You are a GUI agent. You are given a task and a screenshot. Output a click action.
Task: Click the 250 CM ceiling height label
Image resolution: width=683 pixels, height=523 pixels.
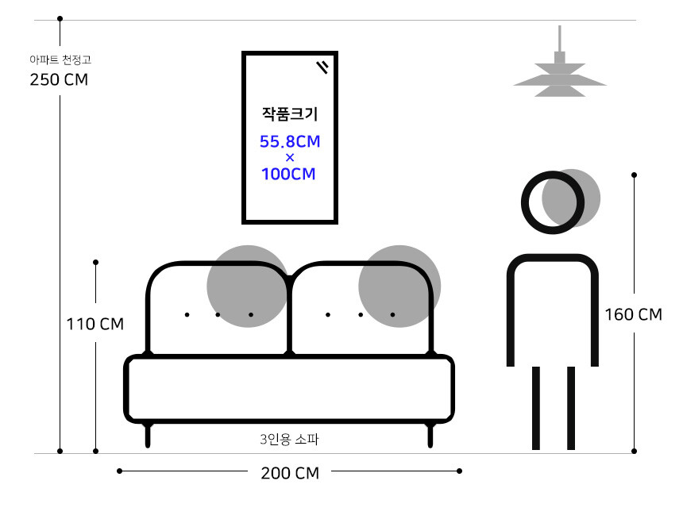(59, 79)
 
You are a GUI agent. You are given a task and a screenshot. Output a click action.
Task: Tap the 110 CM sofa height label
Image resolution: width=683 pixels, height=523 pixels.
(95, 324)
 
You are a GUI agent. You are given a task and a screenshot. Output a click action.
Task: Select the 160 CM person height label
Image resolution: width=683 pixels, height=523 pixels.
(633, 314)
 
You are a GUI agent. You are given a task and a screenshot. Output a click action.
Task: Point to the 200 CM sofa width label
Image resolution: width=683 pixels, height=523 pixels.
(290, 473)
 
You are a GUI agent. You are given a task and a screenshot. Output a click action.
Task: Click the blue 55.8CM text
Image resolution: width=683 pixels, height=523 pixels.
(290, 141)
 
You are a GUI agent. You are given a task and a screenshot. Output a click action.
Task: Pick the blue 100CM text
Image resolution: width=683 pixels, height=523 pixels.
(288, 174)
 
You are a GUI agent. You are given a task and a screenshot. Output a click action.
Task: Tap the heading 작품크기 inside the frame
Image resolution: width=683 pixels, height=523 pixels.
(290, 114)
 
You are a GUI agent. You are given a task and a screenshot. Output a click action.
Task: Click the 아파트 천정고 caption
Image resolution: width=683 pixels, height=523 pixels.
(60, 60)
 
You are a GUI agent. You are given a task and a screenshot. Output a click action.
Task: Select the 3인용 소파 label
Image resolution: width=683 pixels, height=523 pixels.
(289, 439)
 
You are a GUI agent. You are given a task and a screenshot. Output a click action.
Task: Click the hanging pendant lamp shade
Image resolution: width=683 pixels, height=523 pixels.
(560, 80)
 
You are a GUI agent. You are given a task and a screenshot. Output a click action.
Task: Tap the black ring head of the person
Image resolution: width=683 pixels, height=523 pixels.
(553, 202)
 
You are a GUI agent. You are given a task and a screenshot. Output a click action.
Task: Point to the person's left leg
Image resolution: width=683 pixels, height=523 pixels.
(536, 408)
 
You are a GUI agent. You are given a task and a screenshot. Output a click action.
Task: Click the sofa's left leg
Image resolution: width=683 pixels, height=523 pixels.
(148, 435)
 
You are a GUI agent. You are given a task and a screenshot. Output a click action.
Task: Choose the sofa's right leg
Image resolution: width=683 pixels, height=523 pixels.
(430, 435)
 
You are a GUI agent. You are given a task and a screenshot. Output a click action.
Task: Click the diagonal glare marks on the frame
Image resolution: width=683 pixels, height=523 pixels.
(322, 67)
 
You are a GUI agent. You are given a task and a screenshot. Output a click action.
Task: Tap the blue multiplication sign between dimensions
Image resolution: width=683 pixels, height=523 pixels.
(290, 157)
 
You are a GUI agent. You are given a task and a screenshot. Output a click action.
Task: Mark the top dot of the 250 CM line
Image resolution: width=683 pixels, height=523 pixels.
(60, 19)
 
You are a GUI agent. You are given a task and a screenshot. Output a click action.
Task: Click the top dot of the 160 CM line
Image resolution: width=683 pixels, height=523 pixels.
(635, 175)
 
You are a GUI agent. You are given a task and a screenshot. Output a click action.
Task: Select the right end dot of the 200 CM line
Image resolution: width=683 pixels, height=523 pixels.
(459, 471)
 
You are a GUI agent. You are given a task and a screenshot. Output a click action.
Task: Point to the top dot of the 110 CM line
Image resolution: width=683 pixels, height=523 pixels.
(96, 263)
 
